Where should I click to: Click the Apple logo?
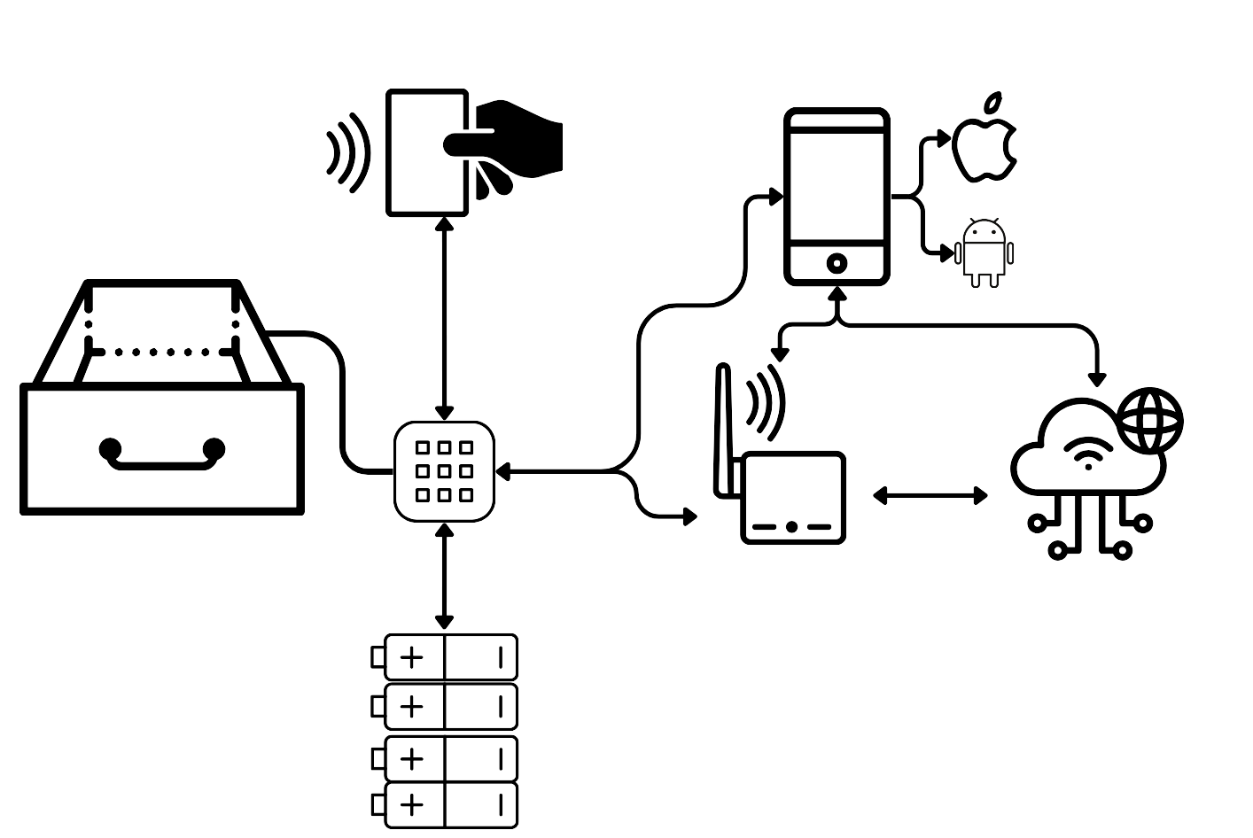coord(984,144)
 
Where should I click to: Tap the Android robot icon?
coord(984,252)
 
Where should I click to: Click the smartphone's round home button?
coord(837,263)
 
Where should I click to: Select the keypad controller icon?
coord(444,471)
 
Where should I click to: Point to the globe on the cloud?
coord(1149,420)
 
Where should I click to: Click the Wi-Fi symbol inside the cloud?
coord(1087,453)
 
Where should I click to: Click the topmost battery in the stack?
coord(451,657)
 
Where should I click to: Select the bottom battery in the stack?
coord(451,804)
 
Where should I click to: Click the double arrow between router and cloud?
coord(930,496)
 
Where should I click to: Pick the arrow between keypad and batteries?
coord(445,576)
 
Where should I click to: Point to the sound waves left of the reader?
coord(347,152)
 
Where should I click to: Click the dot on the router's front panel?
coord(791,527)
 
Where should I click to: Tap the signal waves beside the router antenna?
coord(765,403)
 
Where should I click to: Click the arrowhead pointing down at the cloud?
coord(1097,378)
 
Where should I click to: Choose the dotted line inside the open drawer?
coord(161,352)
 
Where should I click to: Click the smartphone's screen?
coord(837,186)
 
